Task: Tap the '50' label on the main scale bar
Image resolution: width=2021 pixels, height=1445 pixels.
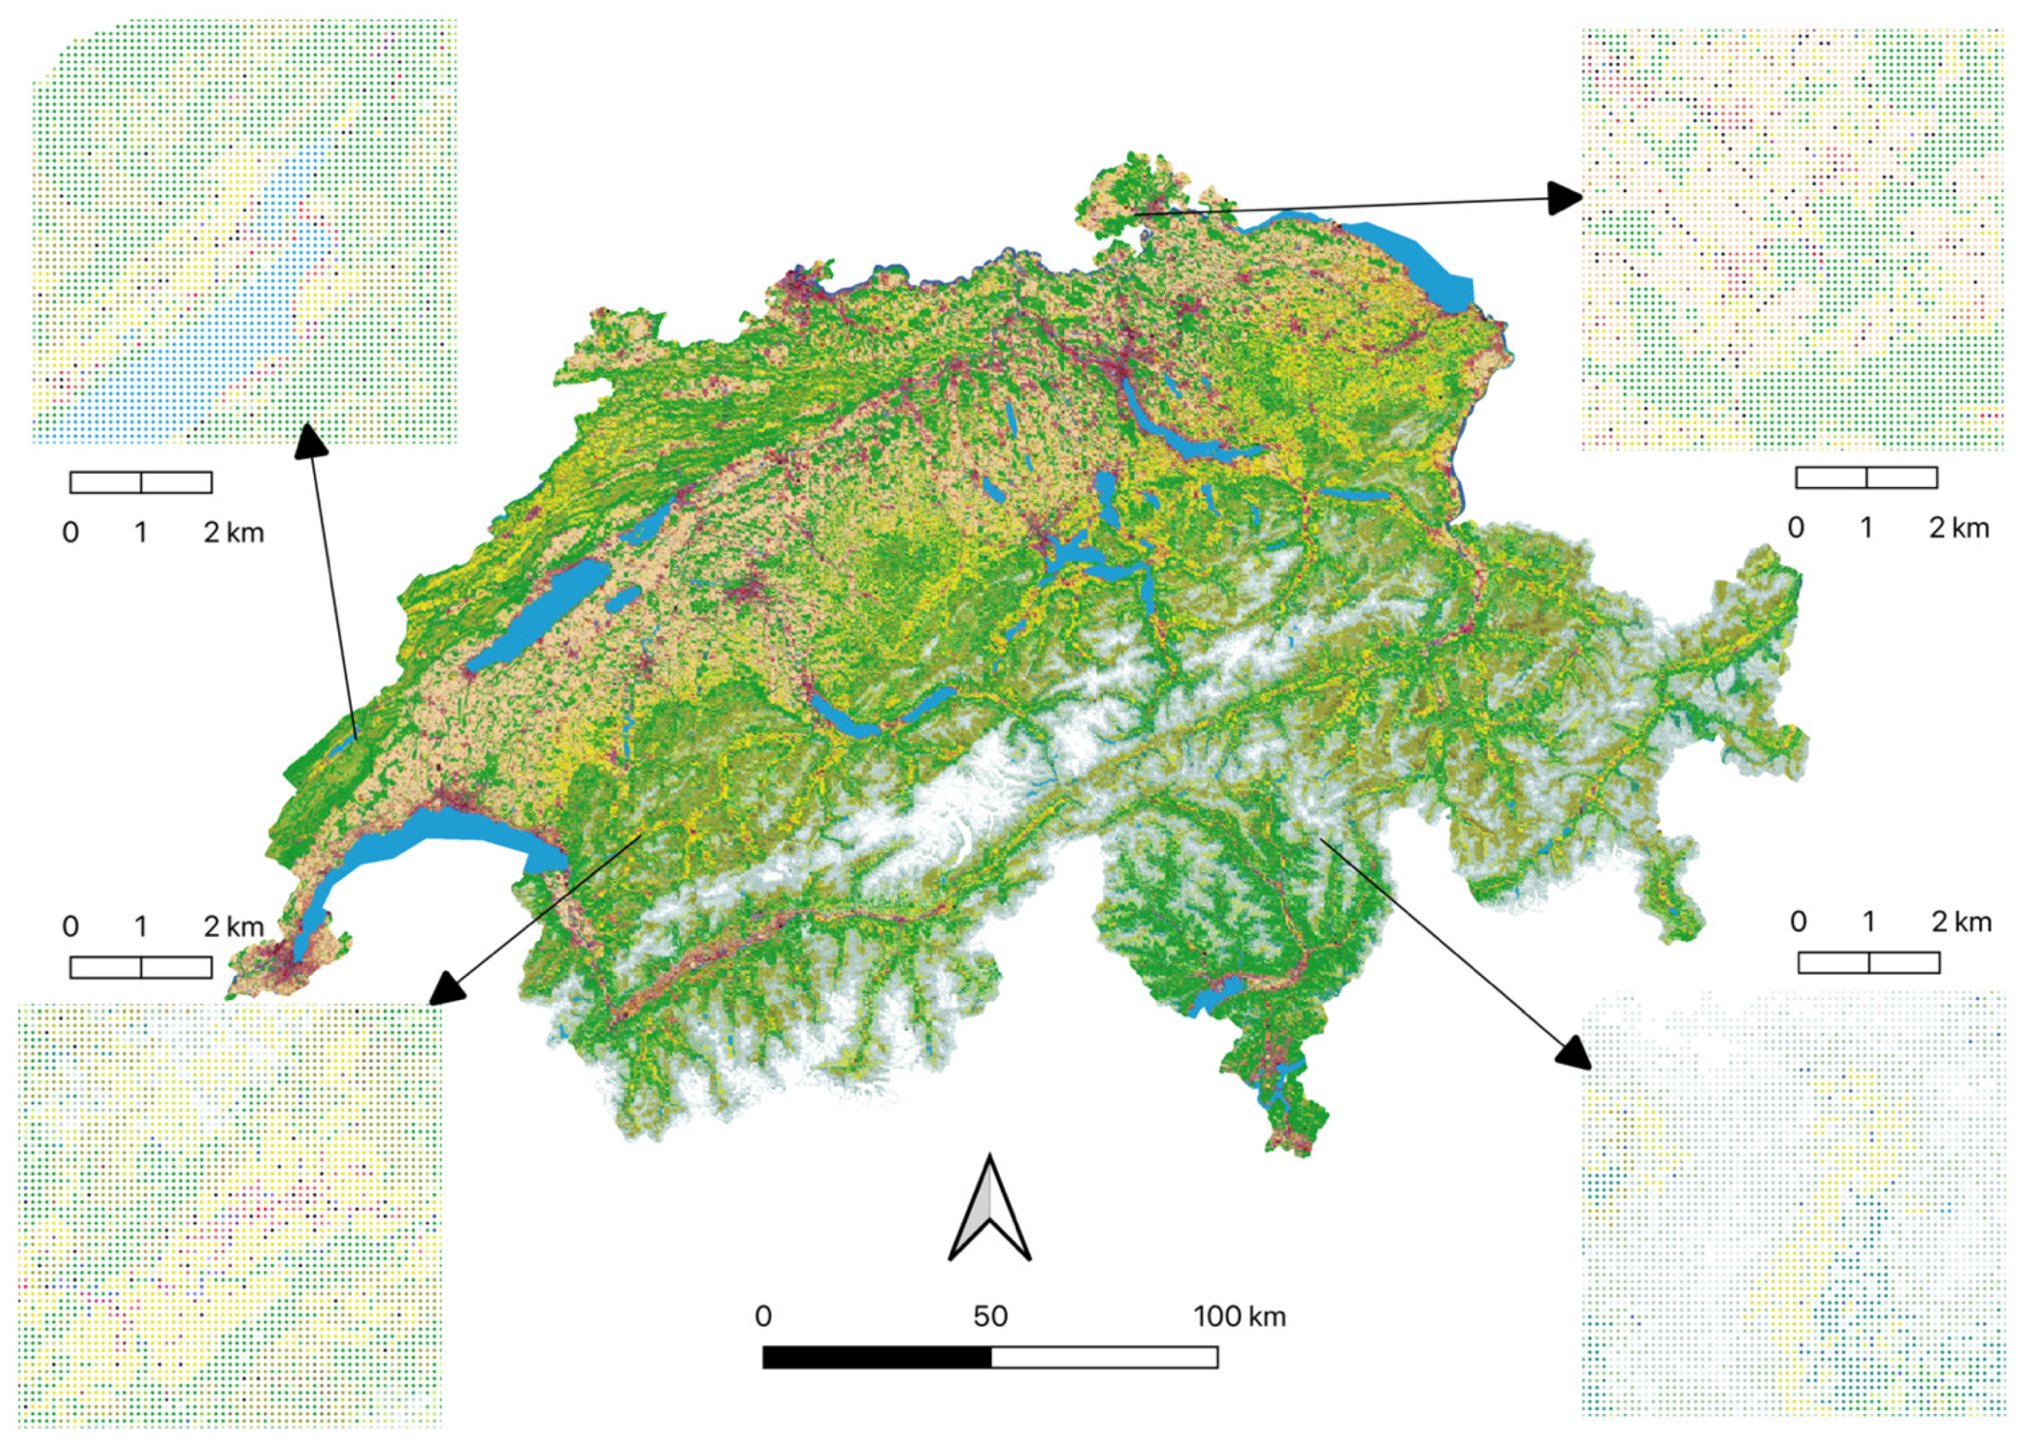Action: coord(989,1316)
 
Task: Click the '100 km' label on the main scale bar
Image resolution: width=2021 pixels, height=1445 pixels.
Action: coord(1239,1316)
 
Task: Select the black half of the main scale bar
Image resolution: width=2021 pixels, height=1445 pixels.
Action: coord(876,1357)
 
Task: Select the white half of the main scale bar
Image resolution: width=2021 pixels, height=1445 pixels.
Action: coord(1103,1357)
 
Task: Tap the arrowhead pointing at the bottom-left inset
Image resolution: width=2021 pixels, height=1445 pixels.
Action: coord(448,988)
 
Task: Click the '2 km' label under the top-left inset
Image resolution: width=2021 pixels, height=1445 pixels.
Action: coord(234,532)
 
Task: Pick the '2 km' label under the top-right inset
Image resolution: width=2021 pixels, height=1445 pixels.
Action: coord(1959,527)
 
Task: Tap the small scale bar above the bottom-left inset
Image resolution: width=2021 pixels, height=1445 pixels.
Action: coord(141,967)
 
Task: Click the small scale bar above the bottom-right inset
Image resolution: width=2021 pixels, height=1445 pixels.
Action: coord(1868,962)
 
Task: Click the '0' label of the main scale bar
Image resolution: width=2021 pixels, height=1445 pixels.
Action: coord(763,1316)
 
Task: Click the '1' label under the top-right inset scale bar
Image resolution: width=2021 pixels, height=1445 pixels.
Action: coord(1866,527)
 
